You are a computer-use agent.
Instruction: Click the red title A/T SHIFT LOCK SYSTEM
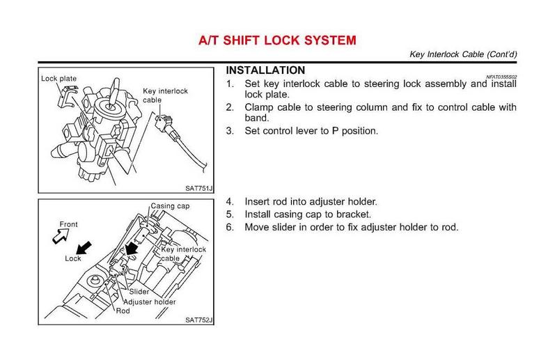[x=278, y=41]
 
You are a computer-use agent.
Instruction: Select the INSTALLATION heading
[x=265, y=70]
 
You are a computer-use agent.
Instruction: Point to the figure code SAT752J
[x=198, y=320]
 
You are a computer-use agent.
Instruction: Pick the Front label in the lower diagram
[x=68, y=224]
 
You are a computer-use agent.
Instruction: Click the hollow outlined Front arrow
[x=53, y=238]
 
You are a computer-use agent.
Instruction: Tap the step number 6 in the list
[x=230, y=227]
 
